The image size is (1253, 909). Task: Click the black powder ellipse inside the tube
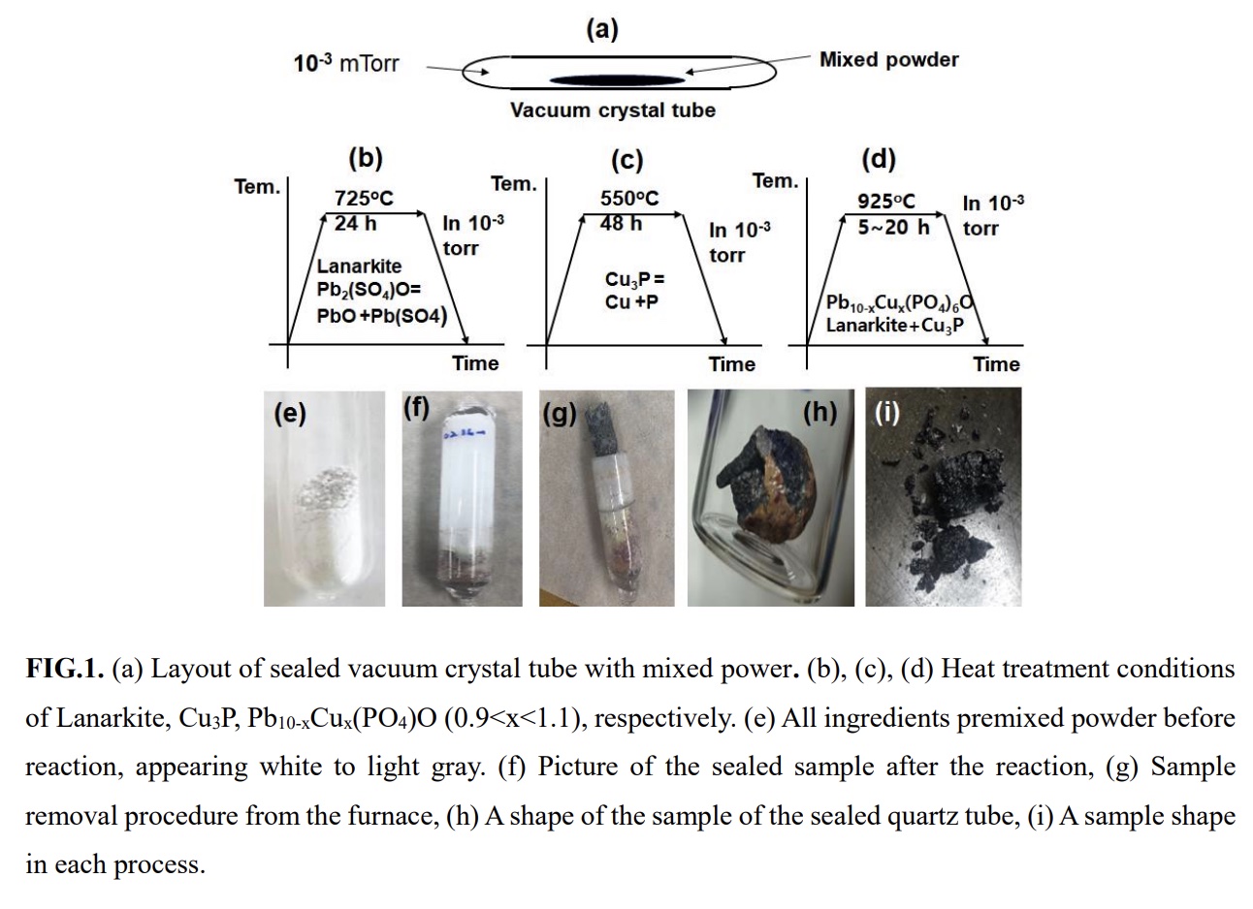point(617,80)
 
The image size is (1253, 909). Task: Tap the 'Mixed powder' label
point(889,60)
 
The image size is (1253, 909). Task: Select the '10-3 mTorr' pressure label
point(346,63)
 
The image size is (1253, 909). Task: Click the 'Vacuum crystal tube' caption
point(613,110)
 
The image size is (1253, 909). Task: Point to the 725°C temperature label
point(364,198)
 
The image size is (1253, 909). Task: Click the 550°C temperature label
point(629,198)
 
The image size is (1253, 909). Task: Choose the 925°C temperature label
point(886,201)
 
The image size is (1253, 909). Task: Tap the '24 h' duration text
point(355,224)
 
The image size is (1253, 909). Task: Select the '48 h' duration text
point(621,224)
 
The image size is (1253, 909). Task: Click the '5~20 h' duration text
point(893,227)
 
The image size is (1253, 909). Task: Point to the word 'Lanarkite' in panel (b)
point(359,266)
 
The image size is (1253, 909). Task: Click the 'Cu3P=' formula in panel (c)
point(634,279)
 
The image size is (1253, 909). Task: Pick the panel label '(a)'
point(602,29)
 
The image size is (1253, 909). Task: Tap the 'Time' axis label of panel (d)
point(996,364)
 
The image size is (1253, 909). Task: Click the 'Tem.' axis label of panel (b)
point(257,187)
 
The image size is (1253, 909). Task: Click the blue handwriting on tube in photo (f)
point(465,434)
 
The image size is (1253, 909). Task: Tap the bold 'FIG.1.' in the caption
point(65,669)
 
